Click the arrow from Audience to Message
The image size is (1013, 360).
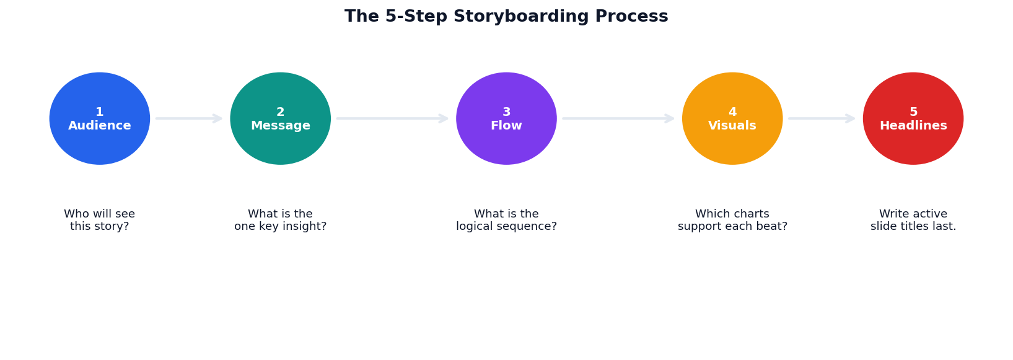click(188, 118)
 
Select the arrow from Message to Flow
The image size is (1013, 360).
click(392, 118)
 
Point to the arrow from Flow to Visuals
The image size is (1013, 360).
click(618, 118)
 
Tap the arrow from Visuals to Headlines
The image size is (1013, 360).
click(821, 118)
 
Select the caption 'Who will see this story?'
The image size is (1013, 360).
click(100, 221)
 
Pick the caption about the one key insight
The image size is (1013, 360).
click(281, 221)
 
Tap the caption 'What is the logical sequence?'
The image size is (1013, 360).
click(506, 221)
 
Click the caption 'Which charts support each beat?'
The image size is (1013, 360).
click(732, 221)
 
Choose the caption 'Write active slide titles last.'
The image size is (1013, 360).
click(913, 221)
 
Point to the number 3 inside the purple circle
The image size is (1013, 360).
click(506, 112)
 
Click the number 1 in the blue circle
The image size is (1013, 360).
click(100, 112)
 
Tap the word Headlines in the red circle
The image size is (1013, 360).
click(913, 126)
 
